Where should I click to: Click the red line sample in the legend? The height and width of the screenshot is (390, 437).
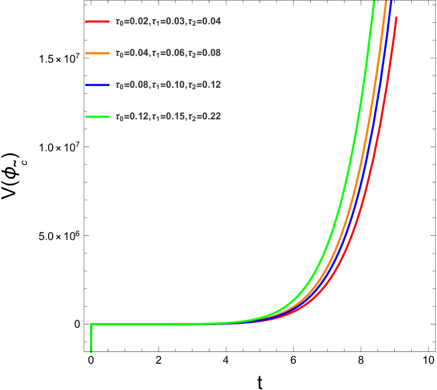coord(97,22)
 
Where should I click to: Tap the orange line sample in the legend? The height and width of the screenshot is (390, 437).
coord(97,53)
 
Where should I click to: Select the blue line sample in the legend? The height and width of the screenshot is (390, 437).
coord(97,85)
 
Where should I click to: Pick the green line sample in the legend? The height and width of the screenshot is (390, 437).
coord(97,116)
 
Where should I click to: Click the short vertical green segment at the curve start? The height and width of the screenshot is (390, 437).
coord(91,339)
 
